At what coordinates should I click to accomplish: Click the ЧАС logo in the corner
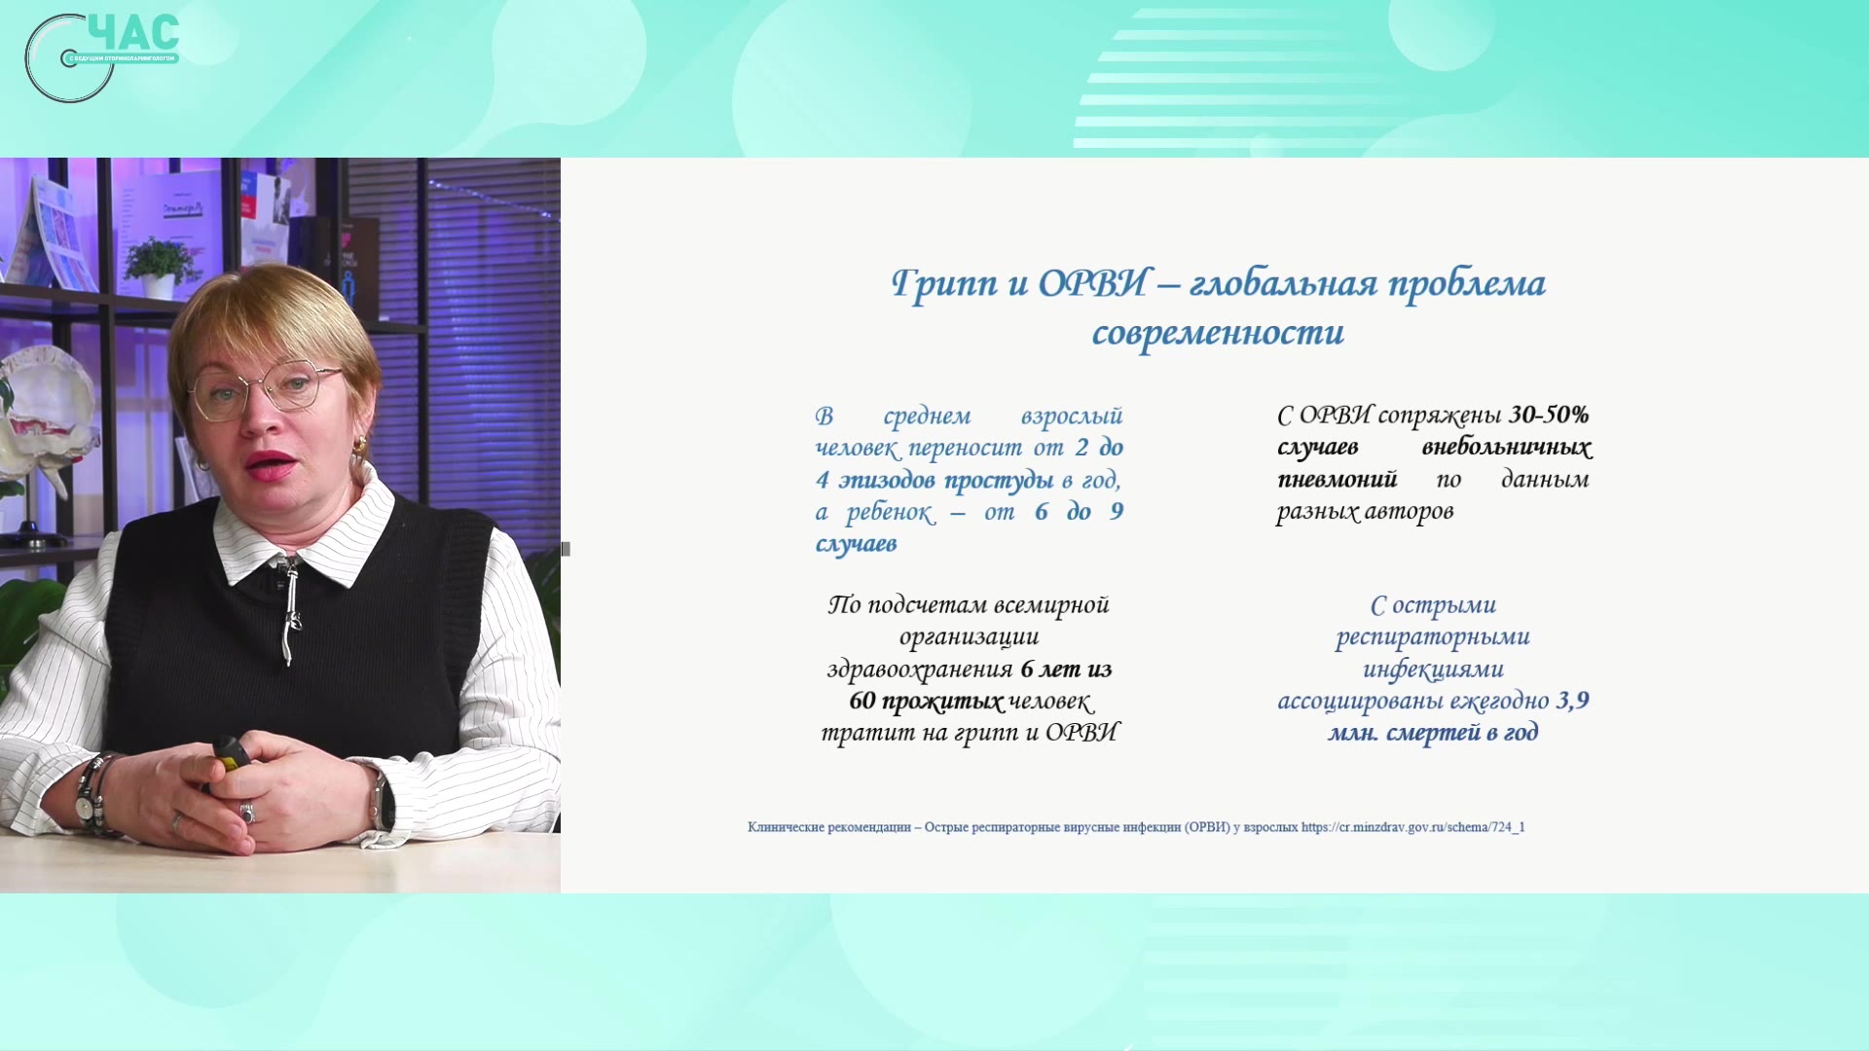tap(102, 56)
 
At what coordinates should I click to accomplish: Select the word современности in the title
tap(1218, 333)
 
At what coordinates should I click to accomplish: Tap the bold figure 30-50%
tap(1549, 415)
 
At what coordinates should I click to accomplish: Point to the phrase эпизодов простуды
tap(946, 481)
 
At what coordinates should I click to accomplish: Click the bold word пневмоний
tap(1337, 480)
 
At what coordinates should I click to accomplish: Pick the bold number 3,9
tap(1572, 701)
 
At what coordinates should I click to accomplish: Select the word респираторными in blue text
tap(1433, 637)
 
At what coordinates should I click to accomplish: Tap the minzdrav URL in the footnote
tap(1413, 827)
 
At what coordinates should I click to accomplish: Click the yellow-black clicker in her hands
tap(230, 755)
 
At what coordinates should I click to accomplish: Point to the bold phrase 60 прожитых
tap(926, 702)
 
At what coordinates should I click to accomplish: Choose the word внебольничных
tap(1506, 448)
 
